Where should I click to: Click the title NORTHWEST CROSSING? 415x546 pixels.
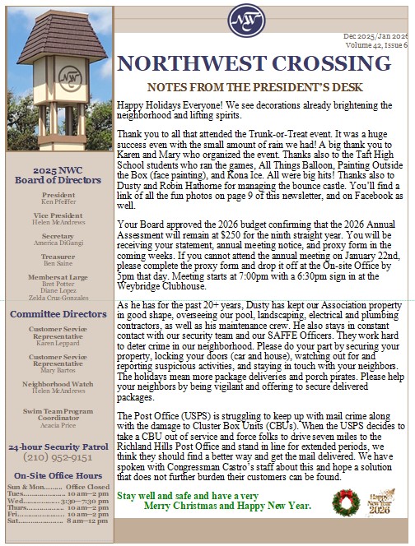[x=263, y=65]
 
